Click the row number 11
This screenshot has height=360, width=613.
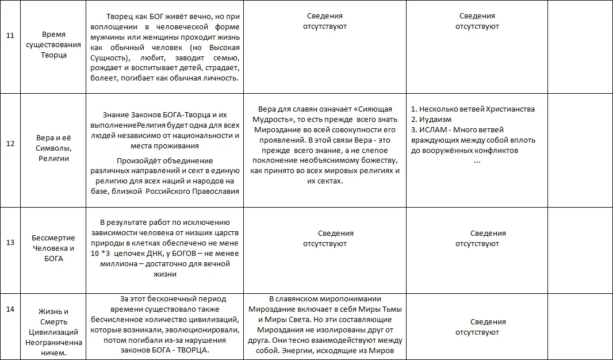(10, 36)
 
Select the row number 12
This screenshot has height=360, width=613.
(10, 143)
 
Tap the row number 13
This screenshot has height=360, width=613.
(10, 242)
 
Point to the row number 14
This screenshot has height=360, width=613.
(10, 309)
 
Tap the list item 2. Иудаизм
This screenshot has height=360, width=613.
(431, 120)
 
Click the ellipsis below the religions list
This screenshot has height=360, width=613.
(477, 162)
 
